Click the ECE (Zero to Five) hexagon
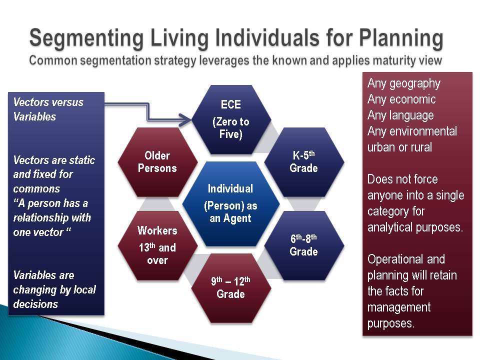pyautogui.click(x=231, y=119)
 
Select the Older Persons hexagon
pyautogui.click(x=157, y=162)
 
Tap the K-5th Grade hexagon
pyautogui.click(x=304, y=162)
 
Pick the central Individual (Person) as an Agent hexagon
pyautogui.click(x=231, y=203)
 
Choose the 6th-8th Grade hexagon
pyautogui.click(x=304, y=245)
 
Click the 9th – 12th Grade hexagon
pyautogui.click(x=231, y=288)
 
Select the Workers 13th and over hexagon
pyautogui.click(x=157, y=245)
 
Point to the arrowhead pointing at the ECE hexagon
pyautogui.click(x=185, y=119)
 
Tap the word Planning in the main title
pyautogui.click(x=401, y=38)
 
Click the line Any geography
pyautogui.click(x=404, y=84)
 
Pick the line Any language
pyautogui.click(x=400, y=115)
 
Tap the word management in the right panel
pyautogui.click(x=399, y=307)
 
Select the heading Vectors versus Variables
pyautogui.click(x=48, y=109)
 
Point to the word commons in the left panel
pyautogui.click(x=36, y=189)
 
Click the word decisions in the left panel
pyautogui.click(x=35, y=304)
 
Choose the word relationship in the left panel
pyautogui.click(x=37, y=218)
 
